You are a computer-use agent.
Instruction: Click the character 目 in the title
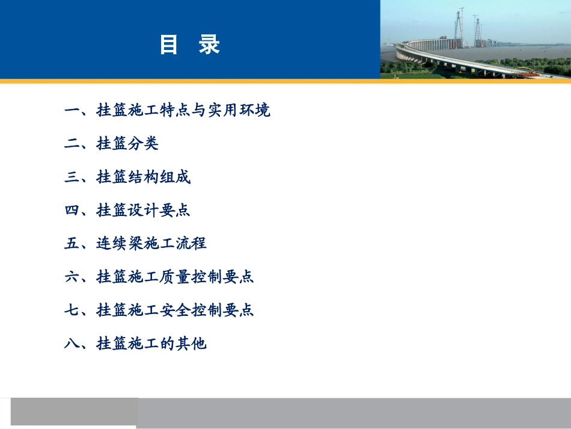pyautogui.click(x=168, y=45)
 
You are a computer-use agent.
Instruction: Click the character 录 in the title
pyautogui.click(x=209, y=45)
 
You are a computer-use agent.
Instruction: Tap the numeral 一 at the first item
pyautogui.click(x=72, y=110)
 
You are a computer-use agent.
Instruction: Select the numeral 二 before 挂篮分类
pyautogui.click(x=72, y=144)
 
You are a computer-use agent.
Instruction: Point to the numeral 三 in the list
pyautogui.click(x=72, y=177)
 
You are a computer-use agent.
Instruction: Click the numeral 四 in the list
pyautogui.click(x=72, y=211)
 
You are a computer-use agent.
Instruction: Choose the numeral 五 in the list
pyautogui.click(x=72, y=244)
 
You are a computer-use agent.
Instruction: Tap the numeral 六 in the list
pyautogui.click(x=72, y=277)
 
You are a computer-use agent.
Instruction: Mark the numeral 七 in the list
pyautogui.click(x=72, y=310)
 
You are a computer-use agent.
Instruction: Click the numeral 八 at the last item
pyautogui.click(x=72, y=344)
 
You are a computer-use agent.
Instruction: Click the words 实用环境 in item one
pyautogui.click(x=239, y=110)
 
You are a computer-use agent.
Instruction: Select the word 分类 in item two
pyautogui.click(x=143, y=144)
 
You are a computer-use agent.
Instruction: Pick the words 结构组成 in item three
pyautogui.click(x=159, y=177)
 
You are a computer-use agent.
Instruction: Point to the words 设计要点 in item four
pyautogui.click(x=159, y=211)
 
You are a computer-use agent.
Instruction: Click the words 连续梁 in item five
pyautogui.click(x=120, y=244)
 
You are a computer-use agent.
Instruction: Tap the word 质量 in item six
pyautogui.click(x=175, y=277)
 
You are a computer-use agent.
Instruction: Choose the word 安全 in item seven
pyautogui.click(x=175, y=310)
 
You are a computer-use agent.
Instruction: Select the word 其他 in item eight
pyautogui.click(x=191, y=344)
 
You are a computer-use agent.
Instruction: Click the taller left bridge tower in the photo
pyautogui.click(x=459, y=28)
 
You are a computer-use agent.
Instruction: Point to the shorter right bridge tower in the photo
pyautogui.click(x=477, y=31)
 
